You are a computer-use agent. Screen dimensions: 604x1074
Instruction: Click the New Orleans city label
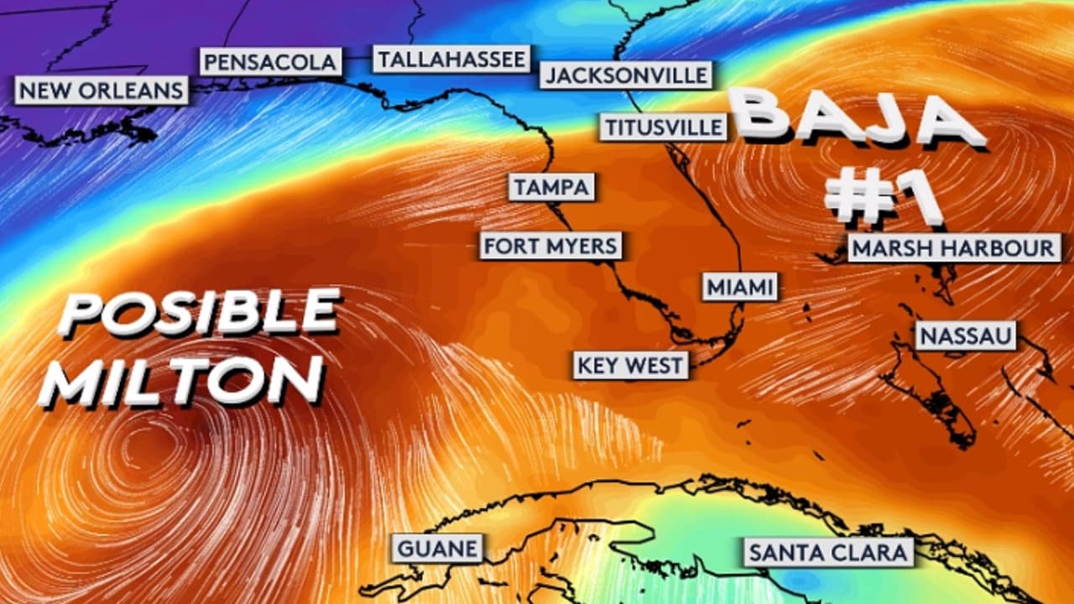click(x=102, y=91)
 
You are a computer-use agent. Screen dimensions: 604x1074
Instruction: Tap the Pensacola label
click(x=270, y=62)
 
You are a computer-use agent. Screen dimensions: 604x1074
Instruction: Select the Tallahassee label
click(x=451, y=60)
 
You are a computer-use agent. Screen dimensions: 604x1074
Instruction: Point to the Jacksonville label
click(x=626, y=75)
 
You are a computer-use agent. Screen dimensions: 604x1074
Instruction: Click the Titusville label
click(x=663, y=127)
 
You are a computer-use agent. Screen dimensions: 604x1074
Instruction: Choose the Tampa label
click(x=552, y=187)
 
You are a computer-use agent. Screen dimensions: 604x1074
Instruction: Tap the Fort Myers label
click(x=551, y=247)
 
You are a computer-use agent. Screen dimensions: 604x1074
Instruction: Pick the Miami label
click(x=739, y=287)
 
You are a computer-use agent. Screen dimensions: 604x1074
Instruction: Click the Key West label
click(x=631, y=366)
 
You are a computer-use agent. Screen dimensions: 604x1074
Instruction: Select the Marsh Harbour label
click(x=953, y=248)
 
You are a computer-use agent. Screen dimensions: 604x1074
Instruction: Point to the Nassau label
click(x=966, y=336)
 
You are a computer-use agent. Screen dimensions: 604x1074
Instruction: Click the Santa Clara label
click(x=827, y=553)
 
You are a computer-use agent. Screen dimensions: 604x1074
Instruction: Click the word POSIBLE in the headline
click(x=200, y=314)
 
